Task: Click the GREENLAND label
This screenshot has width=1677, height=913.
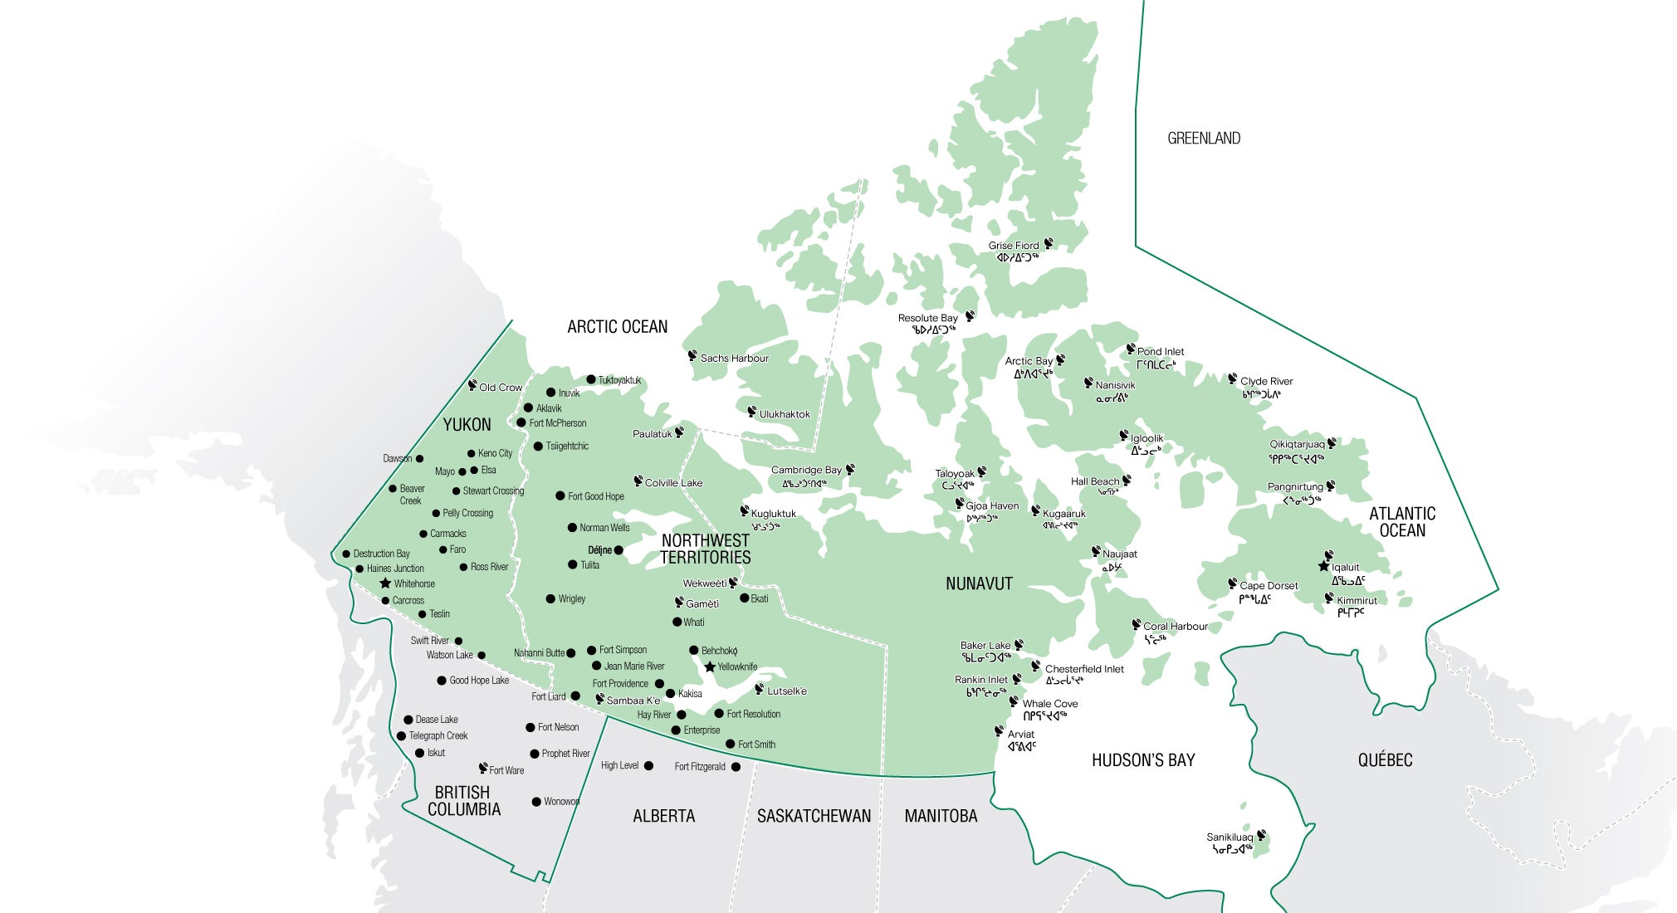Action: coord(1204,139)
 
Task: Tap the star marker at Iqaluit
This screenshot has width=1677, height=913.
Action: coord(1323,566)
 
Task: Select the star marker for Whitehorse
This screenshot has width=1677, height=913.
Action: coord(385,583)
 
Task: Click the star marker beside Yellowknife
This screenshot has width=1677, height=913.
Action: coord(710,666)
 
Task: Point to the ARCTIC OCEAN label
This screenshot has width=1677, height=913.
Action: coord(617,327)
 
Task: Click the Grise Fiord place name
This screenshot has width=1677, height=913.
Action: coord(1013,246)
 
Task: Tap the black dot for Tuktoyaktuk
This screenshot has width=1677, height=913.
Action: coord(591,379)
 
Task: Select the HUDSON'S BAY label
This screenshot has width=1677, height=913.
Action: coord(1142,760)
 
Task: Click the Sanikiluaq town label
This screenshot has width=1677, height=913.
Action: coord(1229,837)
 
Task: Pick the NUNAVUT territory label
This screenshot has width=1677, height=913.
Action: coord(979,583)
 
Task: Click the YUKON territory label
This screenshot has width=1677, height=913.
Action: coord(467,425)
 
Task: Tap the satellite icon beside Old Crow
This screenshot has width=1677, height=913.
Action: coord(472,385)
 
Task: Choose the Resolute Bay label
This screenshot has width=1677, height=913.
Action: coord(927,318)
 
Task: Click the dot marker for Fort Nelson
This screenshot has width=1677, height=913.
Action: coord(530,727)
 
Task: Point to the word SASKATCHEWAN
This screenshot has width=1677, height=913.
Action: coord(814,816)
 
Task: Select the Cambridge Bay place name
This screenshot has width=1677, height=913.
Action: coord(805,470)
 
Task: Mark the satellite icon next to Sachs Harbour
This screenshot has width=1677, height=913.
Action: coord(692,356)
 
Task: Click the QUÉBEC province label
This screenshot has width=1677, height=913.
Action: coord(1385,760)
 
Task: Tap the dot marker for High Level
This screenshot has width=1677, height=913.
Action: coord(648,765)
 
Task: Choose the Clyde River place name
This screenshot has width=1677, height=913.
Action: coord(1266,382)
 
